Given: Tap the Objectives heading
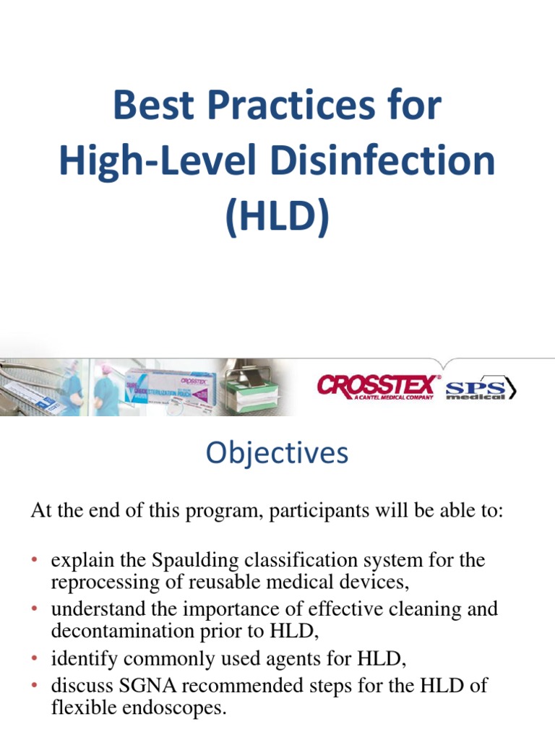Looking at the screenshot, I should point(277,453).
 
